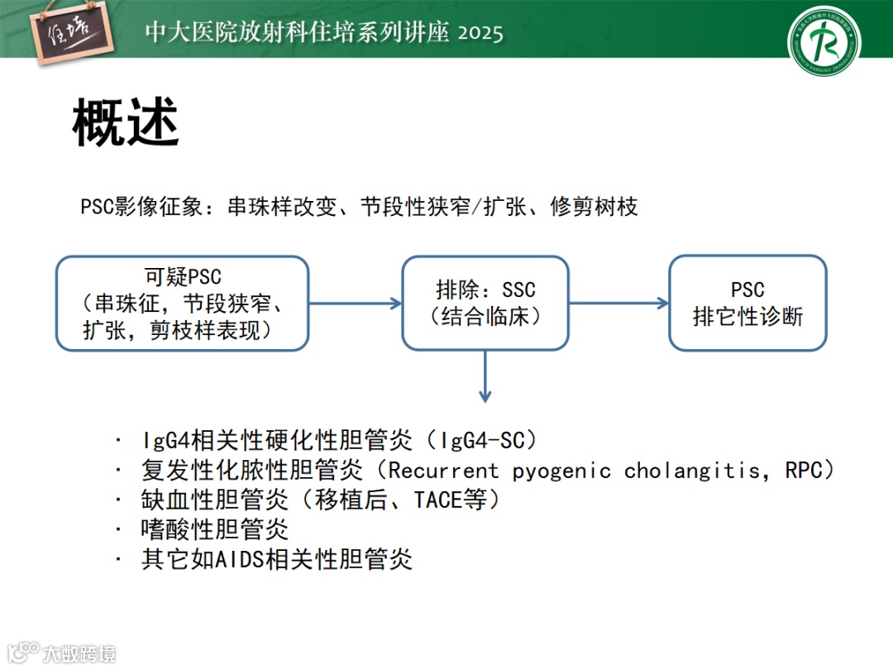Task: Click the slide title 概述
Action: point(126,124)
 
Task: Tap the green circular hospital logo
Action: point(823,41)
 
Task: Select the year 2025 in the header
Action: point(480,33)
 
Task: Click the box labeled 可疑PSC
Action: point(183,303)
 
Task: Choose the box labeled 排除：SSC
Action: point(485,303)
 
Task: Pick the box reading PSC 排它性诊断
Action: point(747,303)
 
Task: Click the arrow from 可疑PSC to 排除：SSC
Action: point(355,303)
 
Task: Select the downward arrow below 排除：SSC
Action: point(485,376)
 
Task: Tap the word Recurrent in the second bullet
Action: point(444,471)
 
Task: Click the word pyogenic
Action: point(561,471)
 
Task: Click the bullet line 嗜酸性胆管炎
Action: point(214,529)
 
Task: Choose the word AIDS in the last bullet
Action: point(239,559)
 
